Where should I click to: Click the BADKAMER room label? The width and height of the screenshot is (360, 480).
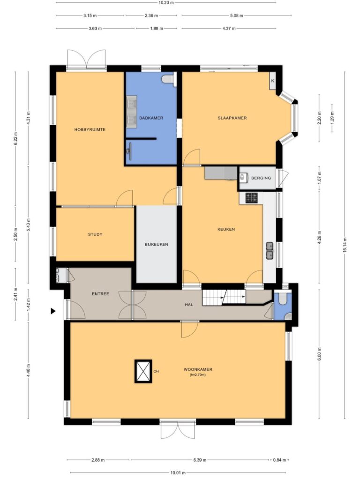[151, 118]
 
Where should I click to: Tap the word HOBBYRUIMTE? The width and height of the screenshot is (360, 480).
[90, 129]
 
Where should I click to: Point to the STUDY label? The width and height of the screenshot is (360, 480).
[95, 234]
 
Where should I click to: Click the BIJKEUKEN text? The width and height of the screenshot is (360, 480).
[157, 244]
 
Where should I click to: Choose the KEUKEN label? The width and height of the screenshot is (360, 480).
[226, 229]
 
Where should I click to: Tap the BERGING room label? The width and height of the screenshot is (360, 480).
[261, 178]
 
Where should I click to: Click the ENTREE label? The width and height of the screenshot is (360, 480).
[100, 294]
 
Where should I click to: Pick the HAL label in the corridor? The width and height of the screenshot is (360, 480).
[189, 305]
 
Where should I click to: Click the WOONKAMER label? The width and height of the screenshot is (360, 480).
[198, 369]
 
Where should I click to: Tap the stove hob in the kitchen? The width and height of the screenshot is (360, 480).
[251, 197]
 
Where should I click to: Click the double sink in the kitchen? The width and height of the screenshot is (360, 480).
[270, 251]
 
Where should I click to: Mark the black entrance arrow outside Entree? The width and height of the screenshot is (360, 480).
[53, 311]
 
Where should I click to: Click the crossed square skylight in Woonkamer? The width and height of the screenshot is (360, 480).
[143, 371]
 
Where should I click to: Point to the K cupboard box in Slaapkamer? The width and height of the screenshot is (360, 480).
[272, 81]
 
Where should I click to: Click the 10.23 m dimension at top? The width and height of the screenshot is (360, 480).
[166, 3]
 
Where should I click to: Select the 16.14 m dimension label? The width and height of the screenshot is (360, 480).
[345, 245]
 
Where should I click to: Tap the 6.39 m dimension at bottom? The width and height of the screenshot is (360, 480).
[200, 460]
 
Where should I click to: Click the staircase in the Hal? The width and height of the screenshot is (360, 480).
[224, 297]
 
